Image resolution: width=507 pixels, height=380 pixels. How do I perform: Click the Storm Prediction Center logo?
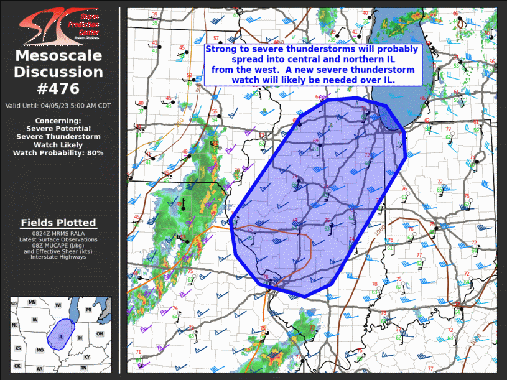click(x=58, y=26)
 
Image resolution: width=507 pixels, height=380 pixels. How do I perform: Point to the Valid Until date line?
click(x=58, y=106)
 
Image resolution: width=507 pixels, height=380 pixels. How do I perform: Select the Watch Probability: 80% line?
click(x=58, y=152)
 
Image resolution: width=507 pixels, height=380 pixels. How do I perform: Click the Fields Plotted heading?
click(x=58, y=223)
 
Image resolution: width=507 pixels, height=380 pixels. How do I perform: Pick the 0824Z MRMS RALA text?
click(x=58, y=233)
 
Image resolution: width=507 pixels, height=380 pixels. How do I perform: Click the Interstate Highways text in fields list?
click(x=58, y=257)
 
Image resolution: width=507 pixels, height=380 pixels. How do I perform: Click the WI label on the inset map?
click(x=58, y=305)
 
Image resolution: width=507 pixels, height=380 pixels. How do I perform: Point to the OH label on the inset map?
click(x=100, y=333)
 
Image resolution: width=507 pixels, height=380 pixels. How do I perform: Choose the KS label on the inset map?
click(x=18, y=348)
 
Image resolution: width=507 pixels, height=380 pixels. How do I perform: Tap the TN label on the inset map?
click(x=83, y=368)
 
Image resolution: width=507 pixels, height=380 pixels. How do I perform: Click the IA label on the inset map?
click(x=35, y=320)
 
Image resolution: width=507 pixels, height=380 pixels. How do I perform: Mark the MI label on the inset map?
click(x=88, y=309)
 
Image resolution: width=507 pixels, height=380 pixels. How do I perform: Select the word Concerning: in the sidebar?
click(x=58, y=120)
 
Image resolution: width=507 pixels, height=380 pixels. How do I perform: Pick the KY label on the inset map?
click(x=86, y=356)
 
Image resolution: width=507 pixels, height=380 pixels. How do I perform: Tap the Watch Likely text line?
click(x=58, y=144)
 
